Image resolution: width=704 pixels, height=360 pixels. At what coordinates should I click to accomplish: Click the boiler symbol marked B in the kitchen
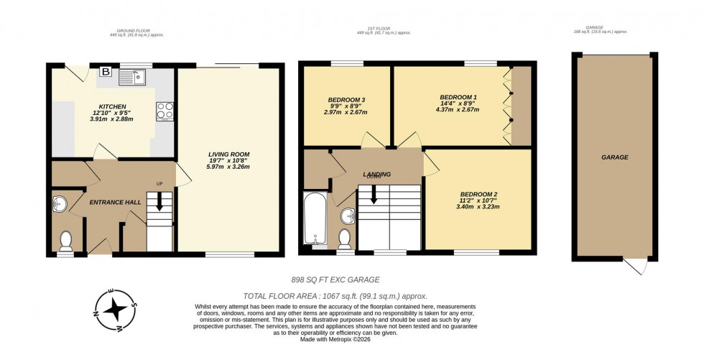[106, 72]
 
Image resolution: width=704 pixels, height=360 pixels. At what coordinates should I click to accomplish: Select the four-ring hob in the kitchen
[164, 111]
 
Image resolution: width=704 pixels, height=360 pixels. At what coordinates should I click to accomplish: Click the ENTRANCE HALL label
[115, 203]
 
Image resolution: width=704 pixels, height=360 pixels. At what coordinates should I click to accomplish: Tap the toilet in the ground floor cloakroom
[65, 239]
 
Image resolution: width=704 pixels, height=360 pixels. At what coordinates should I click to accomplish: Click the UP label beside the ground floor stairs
[159, 184]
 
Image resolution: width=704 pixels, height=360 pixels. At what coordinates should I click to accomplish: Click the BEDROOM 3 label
[346, 99]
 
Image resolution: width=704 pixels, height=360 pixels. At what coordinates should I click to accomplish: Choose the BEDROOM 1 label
[458, 97]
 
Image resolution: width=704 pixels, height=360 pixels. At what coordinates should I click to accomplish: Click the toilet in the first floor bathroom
[344, 237]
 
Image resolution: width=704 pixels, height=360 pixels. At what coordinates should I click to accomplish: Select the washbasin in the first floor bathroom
[349, 214]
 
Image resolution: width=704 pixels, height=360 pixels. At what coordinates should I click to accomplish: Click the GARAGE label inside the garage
[614, 157]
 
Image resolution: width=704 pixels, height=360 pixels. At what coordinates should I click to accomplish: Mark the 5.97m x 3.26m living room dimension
[229, 167]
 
